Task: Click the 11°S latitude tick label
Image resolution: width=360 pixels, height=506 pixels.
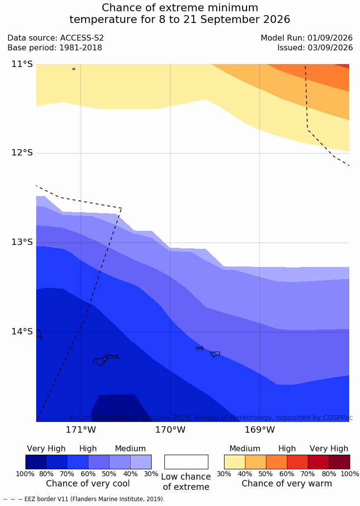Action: pos(22,64)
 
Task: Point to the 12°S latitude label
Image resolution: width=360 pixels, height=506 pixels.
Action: pos(22,153)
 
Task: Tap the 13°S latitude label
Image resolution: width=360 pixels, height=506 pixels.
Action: pos(22,242)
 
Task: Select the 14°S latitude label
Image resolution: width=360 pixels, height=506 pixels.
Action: pos(22,331)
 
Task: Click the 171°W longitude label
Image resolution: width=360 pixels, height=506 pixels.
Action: pos(81,430)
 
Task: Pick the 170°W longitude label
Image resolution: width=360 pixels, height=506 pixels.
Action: pos(171,430)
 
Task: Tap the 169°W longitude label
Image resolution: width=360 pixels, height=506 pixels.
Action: pos(260,430)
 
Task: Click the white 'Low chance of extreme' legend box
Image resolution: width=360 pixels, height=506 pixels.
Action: pos(186,462)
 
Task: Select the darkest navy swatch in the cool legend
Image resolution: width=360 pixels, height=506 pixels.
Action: pos(36,462)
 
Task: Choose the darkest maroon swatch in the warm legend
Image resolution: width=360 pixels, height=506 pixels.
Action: pos(339,462)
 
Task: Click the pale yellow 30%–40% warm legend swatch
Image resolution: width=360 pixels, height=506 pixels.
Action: pos(235,462)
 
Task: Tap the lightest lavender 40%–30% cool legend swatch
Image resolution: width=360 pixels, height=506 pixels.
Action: pos(141,462)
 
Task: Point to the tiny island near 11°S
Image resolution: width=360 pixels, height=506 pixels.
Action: pos(74,69)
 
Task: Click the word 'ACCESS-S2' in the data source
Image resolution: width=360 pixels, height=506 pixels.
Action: pos(82,38)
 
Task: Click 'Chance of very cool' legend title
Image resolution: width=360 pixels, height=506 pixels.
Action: pos(88,484)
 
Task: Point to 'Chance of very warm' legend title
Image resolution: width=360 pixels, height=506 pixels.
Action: pos(287,484)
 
